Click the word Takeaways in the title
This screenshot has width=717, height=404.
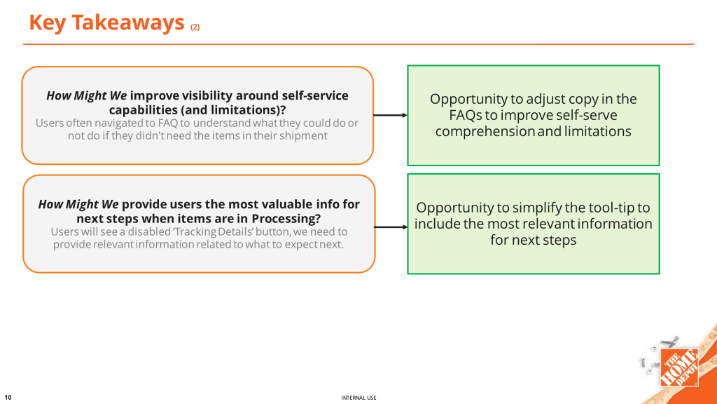coord(128,23)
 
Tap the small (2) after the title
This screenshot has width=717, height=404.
coord(195,27)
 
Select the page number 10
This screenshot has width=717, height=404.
coord(8,397)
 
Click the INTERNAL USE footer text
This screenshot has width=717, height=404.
coord(358,398)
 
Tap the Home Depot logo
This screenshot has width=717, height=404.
coord(679,367)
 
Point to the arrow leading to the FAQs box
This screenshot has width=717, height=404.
coord(391,115)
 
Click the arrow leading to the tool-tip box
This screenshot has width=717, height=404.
coord(391,227)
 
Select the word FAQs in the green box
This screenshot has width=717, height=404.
coord(466,115)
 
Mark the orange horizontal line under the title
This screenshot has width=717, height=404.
coord(358,44)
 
